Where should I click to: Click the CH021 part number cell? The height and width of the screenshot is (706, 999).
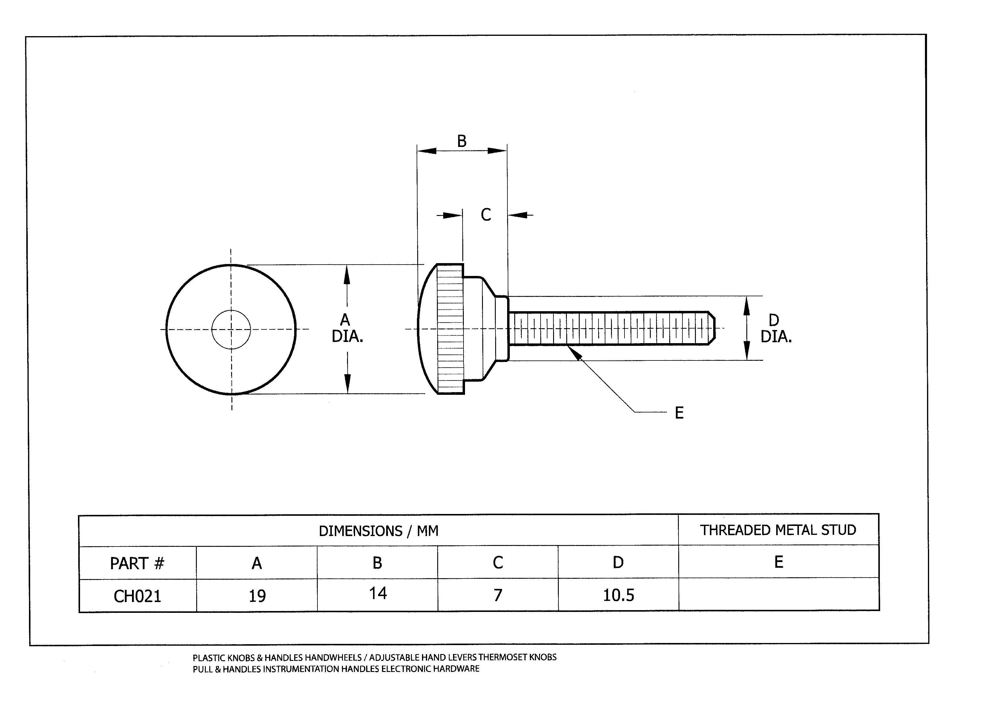(137, 596)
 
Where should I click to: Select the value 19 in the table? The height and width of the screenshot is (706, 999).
(257, 596)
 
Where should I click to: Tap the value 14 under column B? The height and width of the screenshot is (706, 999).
(378, 593)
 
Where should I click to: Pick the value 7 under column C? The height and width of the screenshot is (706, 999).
(498, 595)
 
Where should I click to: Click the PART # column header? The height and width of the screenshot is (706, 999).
(137, 563)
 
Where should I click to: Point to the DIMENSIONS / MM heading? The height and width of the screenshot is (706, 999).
(378, 531)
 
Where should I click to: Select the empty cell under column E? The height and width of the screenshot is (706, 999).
(779, 594)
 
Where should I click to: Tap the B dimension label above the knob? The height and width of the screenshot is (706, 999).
(462, 141)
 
